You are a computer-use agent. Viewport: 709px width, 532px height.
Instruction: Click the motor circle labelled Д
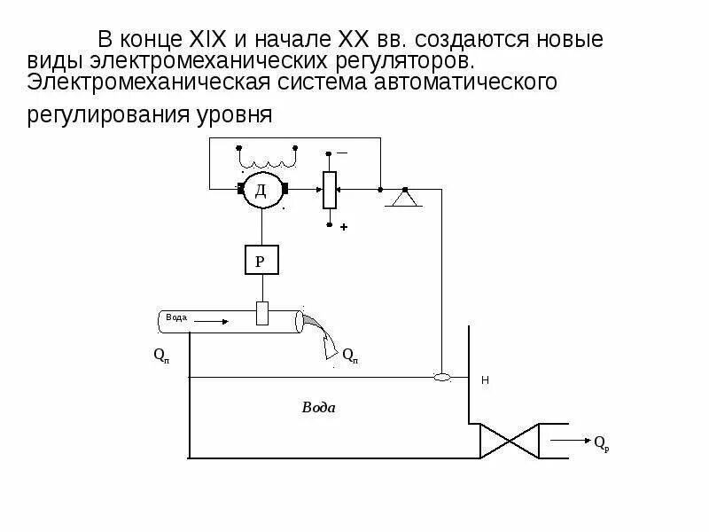[261, 191]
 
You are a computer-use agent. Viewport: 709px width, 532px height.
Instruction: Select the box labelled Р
[261, 261]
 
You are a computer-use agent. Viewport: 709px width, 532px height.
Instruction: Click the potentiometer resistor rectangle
[330, 189]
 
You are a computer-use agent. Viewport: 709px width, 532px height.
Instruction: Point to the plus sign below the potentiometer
[344, 227]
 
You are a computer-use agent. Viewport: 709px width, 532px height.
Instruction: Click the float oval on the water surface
[441, 378]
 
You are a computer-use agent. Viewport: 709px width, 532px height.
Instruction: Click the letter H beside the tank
[485, 380]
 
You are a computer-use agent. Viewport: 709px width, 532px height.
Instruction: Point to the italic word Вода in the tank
[318, 408]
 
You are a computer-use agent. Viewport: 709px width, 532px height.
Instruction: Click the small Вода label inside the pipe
[175, 317]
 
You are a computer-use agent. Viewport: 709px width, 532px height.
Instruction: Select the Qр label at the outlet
[601, 442]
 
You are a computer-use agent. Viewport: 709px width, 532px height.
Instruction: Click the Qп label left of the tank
[160, 355]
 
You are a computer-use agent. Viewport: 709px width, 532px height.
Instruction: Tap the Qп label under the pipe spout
[349, 355]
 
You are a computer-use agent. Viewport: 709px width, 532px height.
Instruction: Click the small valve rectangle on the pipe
[261, 313]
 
